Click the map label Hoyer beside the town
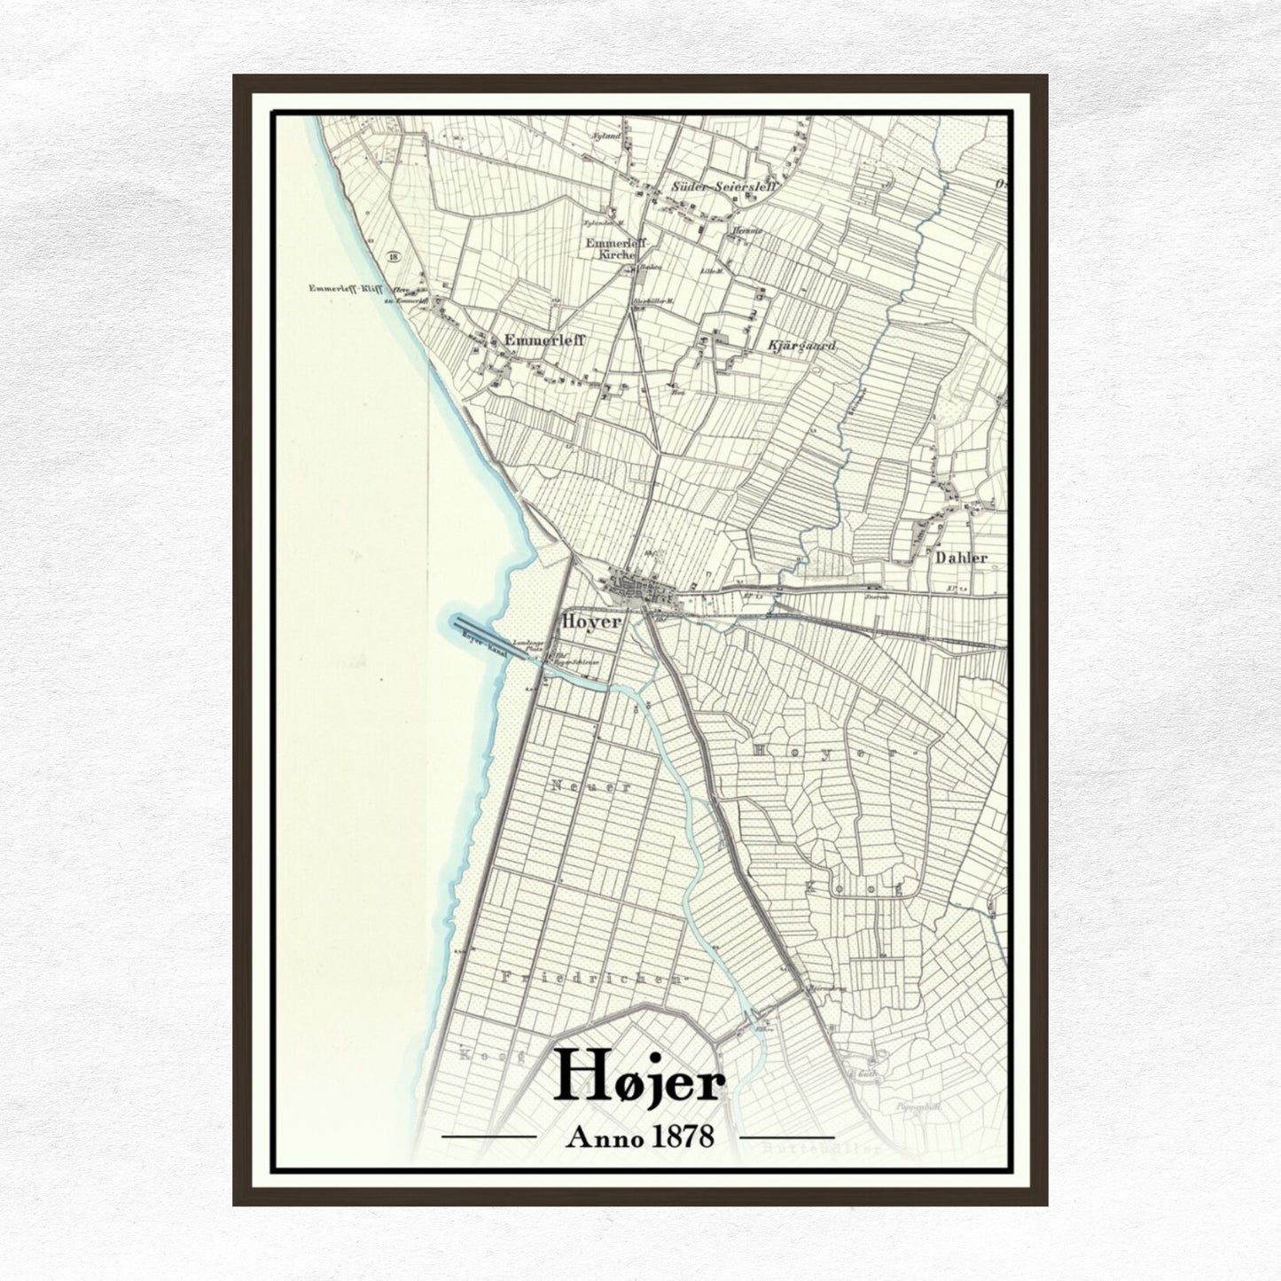coord(591,622)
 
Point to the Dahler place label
coord(961,558)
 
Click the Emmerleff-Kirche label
coord(613,248)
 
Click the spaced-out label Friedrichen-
coord(593,978)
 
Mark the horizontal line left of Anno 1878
coord(488,1136)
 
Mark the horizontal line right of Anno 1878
coord(786,1136)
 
